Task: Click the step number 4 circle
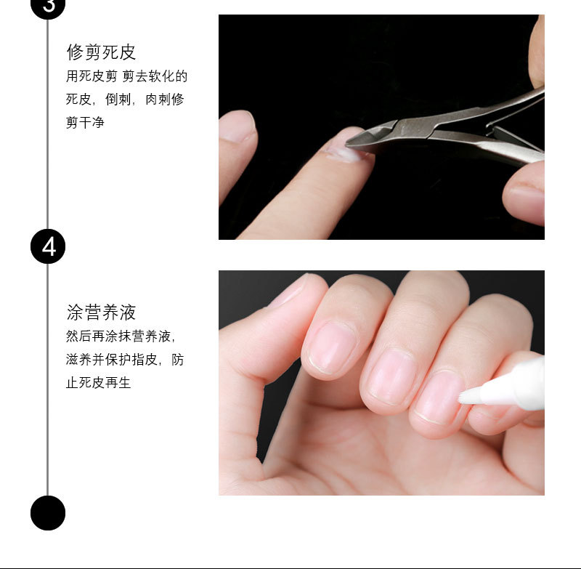click(48, 246)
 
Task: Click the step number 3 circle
click(48, 6)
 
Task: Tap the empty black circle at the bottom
click(48, 512)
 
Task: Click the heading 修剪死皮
click(101, 52)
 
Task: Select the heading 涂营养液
click(101, 312)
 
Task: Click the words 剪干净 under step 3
click(85, 123)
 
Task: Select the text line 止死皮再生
click(98, 382)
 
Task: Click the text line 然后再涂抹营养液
click(120, 336)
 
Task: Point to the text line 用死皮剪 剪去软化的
click(127, 76)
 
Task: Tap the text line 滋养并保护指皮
click(124, 360)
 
